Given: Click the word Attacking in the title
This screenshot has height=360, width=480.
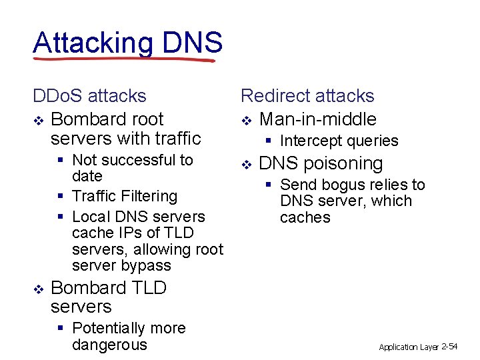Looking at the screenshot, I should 93,43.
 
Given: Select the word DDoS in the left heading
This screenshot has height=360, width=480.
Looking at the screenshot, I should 58,96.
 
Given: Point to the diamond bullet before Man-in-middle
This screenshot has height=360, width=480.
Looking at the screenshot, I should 246,121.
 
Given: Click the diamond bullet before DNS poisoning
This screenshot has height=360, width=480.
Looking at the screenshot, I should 246,164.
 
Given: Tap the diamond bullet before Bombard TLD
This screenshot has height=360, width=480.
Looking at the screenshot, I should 38,289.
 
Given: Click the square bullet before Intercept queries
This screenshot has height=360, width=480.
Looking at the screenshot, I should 268,141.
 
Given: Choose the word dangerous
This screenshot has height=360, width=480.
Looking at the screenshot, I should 109,345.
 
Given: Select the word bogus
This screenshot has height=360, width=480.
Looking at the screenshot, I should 342,185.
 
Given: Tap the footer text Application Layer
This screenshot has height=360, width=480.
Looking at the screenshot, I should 409,347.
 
